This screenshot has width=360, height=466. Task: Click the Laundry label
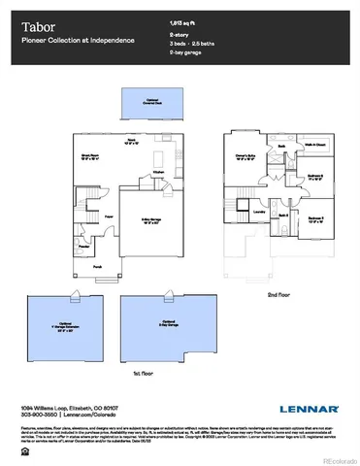260,210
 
